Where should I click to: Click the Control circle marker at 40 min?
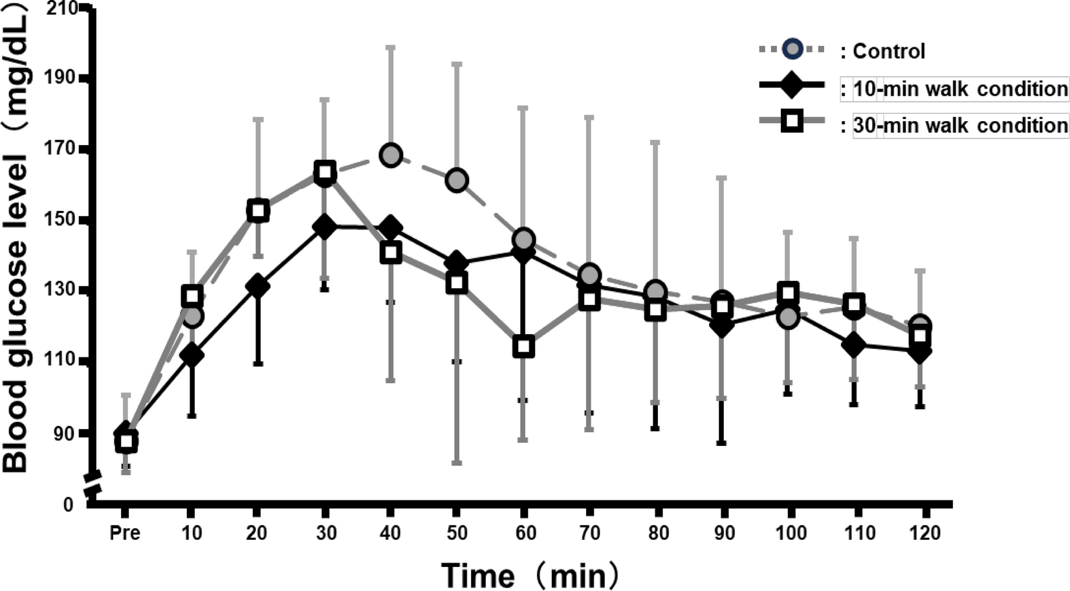coord(391,155)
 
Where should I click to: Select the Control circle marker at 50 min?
coord(457,180)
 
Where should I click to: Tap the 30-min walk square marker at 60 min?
coord(523,346)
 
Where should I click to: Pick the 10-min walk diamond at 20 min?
coord(257,285)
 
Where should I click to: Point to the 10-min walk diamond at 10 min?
coord(191,355)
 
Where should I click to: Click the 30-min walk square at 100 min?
coord(788,293)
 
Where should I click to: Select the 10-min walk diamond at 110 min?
coord(854,345)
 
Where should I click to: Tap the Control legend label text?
coord(888,51)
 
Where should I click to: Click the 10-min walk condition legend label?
coord(960,89)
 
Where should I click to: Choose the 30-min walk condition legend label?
coord(960,125)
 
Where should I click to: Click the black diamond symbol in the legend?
coord(791,85)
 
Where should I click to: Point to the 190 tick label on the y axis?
coord(60,78)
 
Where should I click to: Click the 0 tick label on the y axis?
coord(69,504)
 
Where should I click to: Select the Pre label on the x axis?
coord(125,533)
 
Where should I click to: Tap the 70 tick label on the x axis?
coord(589,533)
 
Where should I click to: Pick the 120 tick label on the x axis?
coord(924,533)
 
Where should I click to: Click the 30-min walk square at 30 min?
coord(325,172)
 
